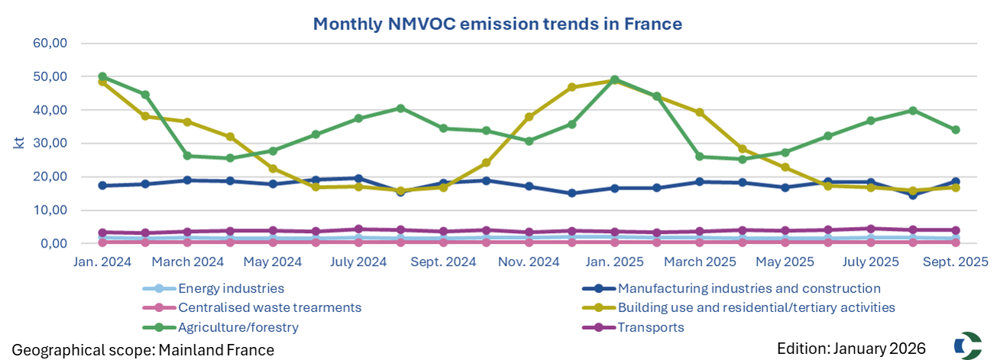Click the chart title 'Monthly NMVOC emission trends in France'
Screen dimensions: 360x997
coord(497,24)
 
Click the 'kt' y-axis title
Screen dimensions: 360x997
coord(18,142)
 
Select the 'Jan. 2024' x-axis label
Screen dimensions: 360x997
coord(103,261)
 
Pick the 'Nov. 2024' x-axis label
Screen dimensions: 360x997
coord(529,261)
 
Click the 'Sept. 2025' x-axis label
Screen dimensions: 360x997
coord(955,261)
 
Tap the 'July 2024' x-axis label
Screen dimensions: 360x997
coord(359,261)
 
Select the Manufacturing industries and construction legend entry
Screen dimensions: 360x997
coord(749,289)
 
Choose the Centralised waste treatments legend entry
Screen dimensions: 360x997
coord(269,308)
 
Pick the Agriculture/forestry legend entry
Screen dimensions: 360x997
coord(238,327)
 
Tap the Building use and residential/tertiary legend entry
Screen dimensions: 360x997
coord(756,308)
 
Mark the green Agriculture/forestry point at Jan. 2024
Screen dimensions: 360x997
coord(102,77)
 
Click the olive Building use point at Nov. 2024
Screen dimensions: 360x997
coord(529,117)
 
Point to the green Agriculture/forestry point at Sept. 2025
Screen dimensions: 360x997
coord(955,130)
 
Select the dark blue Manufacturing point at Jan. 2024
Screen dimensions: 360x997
coord(102,186)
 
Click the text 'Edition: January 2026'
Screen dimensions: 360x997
coord(851,349)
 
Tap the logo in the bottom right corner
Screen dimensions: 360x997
coord(967,345)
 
